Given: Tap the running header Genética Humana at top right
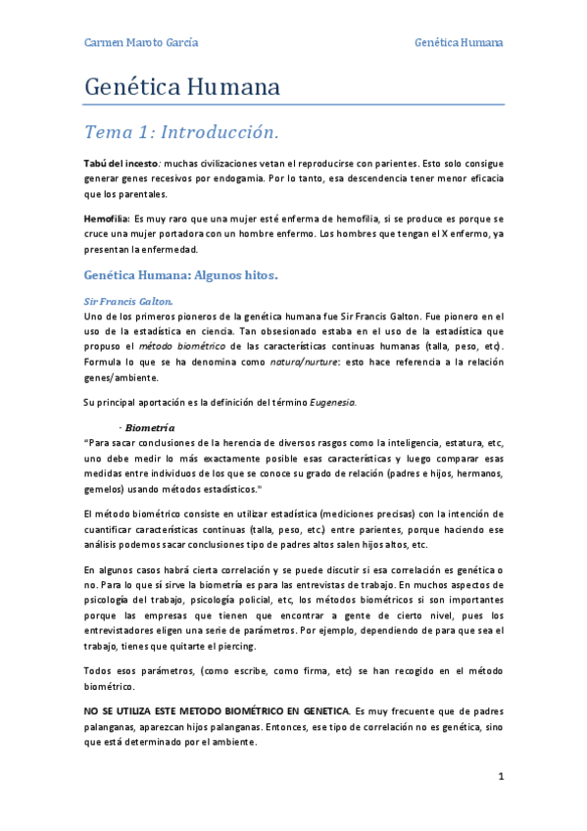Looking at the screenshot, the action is click(459, 43).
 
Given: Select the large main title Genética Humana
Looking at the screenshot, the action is click(183, 87).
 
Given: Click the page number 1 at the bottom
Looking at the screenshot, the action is click(501, 776).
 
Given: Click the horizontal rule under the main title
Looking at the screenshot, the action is click(294, 104).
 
